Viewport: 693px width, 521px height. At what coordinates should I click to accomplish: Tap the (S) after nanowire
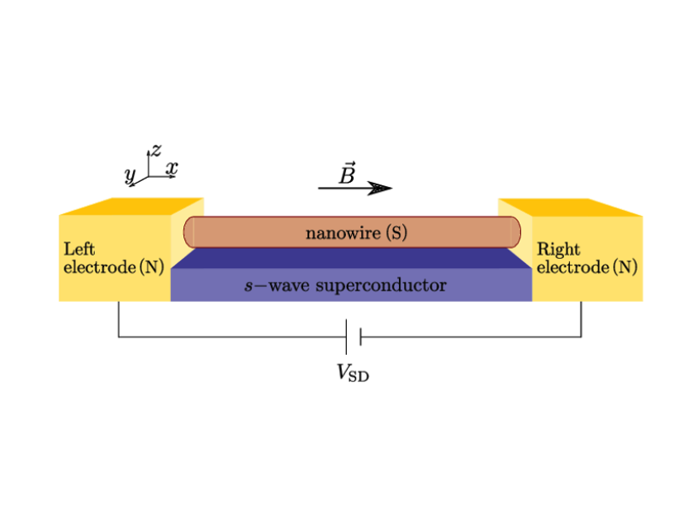397,233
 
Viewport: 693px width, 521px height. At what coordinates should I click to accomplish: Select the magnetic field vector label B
347,174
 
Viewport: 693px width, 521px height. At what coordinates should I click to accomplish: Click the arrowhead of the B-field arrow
381,189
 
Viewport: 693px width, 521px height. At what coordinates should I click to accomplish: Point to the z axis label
155,150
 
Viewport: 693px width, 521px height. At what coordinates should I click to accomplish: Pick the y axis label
131,174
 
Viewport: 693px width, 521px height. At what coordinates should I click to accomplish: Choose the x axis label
171,168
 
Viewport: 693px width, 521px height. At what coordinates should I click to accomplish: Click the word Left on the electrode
79,248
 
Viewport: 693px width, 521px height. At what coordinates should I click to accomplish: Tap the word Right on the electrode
558,249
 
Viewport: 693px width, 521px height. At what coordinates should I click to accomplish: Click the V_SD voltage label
353,373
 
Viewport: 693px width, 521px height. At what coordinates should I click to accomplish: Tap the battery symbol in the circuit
353,336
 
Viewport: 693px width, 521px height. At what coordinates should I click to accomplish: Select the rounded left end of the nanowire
189,232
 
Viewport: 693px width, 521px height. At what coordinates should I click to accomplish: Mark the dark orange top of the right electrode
570,207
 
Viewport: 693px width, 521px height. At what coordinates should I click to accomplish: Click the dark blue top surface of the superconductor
351,258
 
